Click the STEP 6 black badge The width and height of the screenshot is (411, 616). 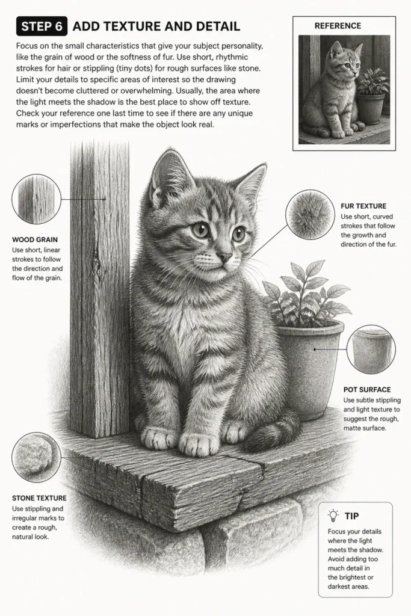pyautogui.click(x=42, y=26)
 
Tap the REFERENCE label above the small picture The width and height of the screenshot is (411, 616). pyautogui.click(x=338, y=26)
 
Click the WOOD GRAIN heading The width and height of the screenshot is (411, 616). pyautogui.click(x=35, y=239)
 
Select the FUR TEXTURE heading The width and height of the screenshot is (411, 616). pyautogui.click(x=363, y=206)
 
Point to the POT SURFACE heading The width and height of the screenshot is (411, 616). pyautogui.click(x=367, y=390)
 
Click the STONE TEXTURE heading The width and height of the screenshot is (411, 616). pyautogui.click(x=39, y=498)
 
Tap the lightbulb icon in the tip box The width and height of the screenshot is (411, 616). pyautogui.click(x=333, y=516)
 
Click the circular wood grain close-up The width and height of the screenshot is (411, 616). pyautogui.click(x=37, y=199)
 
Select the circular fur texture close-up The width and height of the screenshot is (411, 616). pyautogui.click(x=311, y=215)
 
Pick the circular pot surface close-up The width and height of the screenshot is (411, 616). pyautogui.click(x=371, y=349)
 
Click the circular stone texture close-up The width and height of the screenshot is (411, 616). pyautogui.click(x=37, y=457)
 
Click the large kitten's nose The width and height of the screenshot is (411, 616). pyautogui.click(x=225, y=256)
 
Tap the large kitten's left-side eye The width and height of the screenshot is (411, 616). pyautogui.click(x=201, y=229)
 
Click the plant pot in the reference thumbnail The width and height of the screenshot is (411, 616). pyautogui.click(x=370, y=108)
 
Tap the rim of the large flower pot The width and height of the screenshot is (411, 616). pyautogui.click(x=311, y=328)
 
